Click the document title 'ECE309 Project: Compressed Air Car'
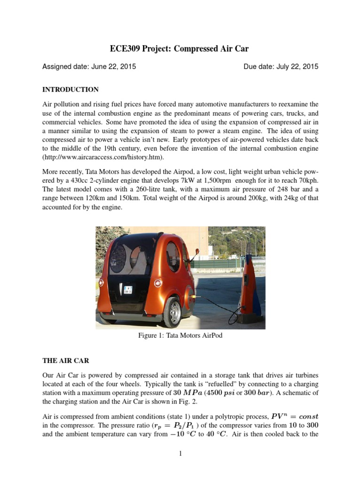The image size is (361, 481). pos(180,48)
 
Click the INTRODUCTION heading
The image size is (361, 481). pos(71,89)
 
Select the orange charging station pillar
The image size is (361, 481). pos(250,282)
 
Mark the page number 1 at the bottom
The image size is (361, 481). pos(180,453)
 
